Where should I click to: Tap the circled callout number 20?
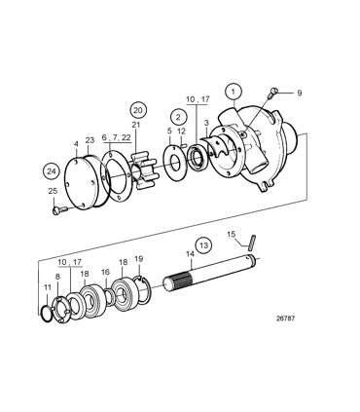click(139, 109)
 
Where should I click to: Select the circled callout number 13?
click(202, 244)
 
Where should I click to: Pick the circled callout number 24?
click(51, 170)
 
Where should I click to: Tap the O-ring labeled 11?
click(49, 311)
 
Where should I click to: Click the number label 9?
click(299, 93)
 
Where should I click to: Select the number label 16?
click(104, 273)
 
